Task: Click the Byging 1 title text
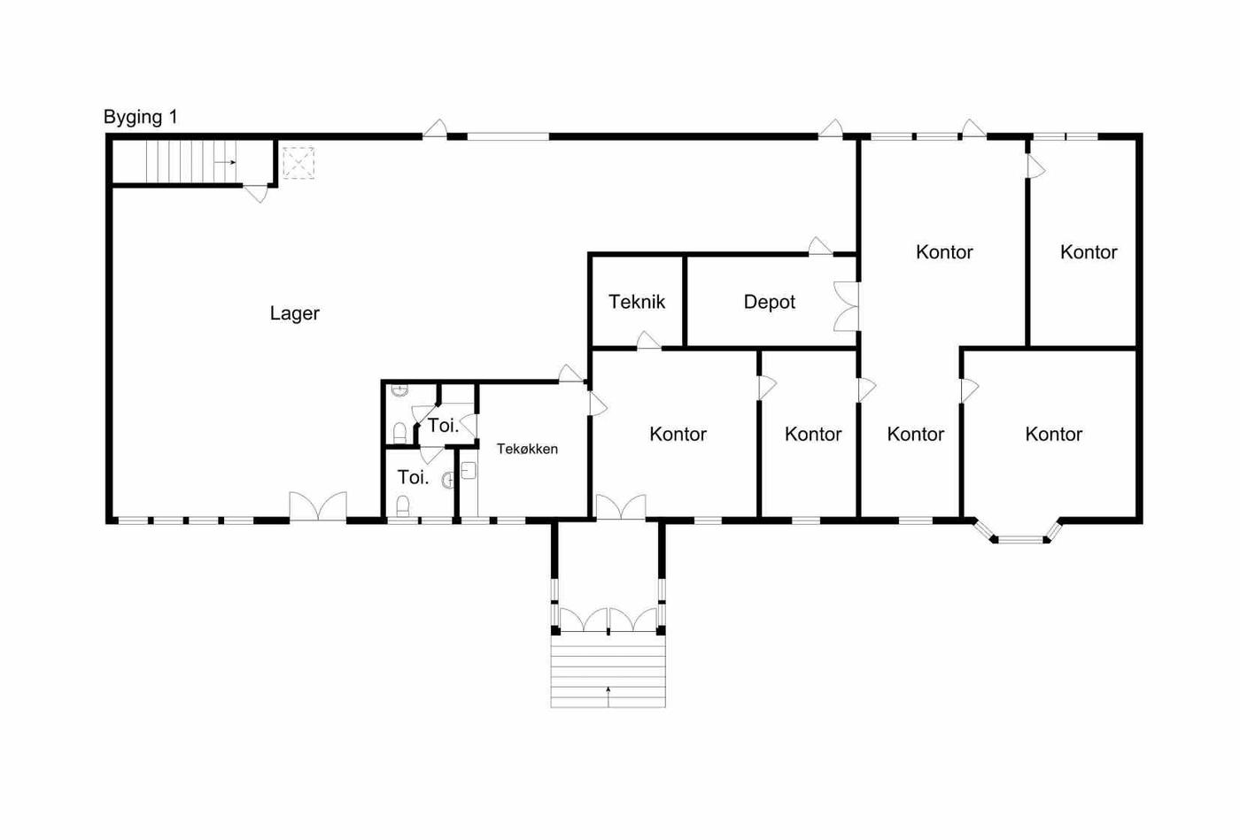pos(141,118)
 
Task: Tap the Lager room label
pos(294,313)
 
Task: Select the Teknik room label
pos(637,302)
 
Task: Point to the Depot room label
pos(769,302)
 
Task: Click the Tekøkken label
pos(527,449)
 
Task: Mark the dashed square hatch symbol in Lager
pos(298,163)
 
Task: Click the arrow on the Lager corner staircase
pos(226,162)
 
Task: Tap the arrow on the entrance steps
pos(608,697)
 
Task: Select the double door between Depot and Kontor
pos(847,306)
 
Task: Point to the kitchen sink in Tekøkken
pos(469,470)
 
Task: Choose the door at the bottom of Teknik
pos(648,341)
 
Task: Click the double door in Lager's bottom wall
pos(318,506)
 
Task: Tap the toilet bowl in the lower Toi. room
pos(404,505)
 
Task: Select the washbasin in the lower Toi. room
pos(448,480)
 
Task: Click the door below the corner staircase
pos(256,194)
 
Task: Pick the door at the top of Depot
pos(820,246)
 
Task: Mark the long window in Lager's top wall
pos(508,136)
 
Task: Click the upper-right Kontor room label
pos(1089,252)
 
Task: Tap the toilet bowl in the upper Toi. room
pos(399,433)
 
